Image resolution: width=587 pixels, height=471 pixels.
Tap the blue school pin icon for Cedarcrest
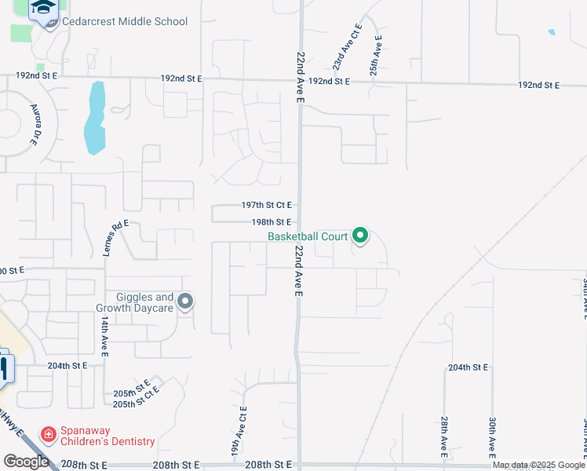point(43,9)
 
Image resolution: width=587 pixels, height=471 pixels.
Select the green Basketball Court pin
point(360,235)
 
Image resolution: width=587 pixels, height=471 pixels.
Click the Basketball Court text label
point(308,235)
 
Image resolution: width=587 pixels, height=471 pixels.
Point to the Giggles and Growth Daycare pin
point(185,301)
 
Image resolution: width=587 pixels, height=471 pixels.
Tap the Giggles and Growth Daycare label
point(144,302)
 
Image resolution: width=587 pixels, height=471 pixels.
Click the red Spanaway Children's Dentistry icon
point(49,433)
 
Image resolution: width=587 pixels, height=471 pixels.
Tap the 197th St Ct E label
point(266,205)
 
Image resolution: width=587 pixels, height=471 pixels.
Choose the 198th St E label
point(266,222)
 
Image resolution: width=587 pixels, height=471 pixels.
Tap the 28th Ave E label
point(444,437)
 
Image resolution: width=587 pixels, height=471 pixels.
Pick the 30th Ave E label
point(492,437)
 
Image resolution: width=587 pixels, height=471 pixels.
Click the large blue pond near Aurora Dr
point(95,118)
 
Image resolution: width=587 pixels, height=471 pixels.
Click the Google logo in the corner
point(26,461)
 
